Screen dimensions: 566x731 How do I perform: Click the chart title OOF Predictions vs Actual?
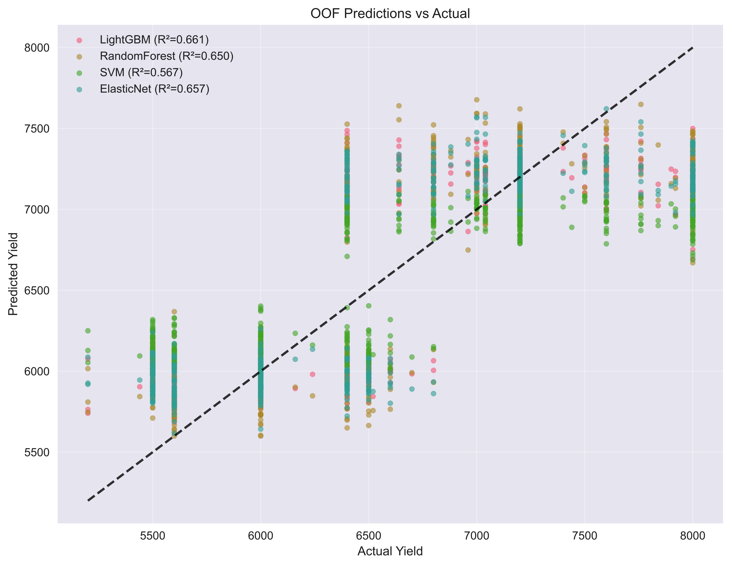390,14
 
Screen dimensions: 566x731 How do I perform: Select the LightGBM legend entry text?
154,40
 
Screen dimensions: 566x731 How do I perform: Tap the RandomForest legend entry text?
166,56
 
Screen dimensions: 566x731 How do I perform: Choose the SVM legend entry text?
141,73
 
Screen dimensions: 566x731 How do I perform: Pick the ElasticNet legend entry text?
154,89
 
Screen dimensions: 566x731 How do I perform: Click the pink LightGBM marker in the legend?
79,40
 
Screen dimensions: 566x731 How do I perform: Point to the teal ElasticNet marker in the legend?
79,89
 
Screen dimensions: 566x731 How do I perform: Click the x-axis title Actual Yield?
390,551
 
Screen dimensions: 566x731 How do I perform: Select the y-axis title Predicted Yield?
13,274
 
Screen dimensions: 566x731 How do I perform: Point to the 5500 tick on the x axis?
153,535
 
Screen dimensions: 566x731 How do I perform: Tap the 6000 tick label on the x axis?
261,535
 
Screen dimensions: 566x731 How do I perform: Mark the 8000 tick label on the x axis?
692,535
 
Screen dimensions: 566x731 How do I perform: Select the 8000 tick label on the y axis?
37,48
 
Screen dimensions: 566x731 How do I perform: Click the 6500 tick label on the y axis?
37,290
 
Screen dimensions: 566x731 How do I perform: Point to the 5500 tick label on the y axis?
37,452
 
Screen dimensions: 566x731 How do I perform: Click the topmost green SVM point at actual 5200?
88,331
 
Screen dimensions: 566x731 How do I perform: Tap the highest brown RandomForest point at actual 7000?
476,100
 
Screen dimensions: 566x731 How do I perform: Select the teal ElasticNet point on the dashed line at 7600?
606,109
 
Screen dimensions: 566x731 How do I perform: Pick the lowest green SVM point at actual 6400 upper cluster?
347,256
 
